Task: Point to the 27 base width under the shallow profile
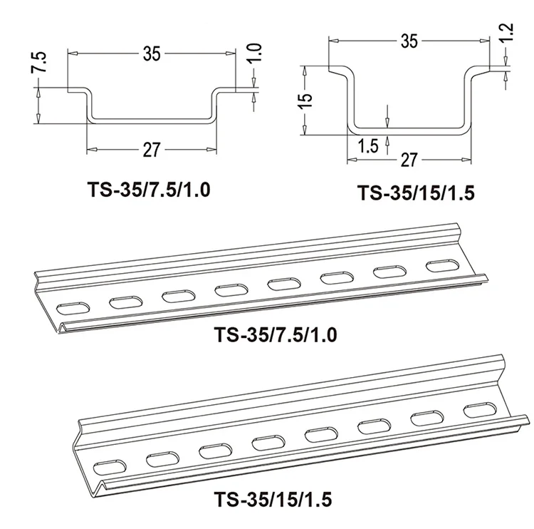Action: [x=152, y=149]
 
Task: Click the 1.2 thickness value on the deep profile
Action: [x=507, y=31]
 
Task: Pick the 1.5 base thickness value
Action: [x=367, y=148]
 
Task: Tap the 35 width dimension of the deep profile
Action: [x=409, y=41]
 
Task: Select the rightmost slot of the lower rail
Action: [x=476, y=411]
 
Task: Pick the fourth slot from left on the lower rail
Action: [x=266, y=443]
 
